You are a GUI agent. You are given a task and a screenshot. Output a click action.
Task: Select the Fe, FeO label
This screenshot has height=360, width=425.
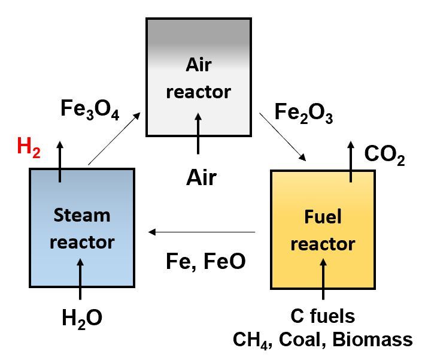pos(205,261)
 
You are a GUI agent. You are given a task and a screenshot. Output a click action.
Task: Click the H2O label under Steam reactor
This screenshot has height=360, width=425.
pos(81,318)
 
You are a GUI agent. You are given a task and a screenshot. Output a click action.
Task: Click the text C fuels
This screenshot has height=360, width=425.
pos(323,316)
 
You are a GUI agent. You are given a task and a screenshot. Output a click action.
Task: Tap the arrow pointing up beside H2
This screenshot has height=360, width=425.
pos(60,162)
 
